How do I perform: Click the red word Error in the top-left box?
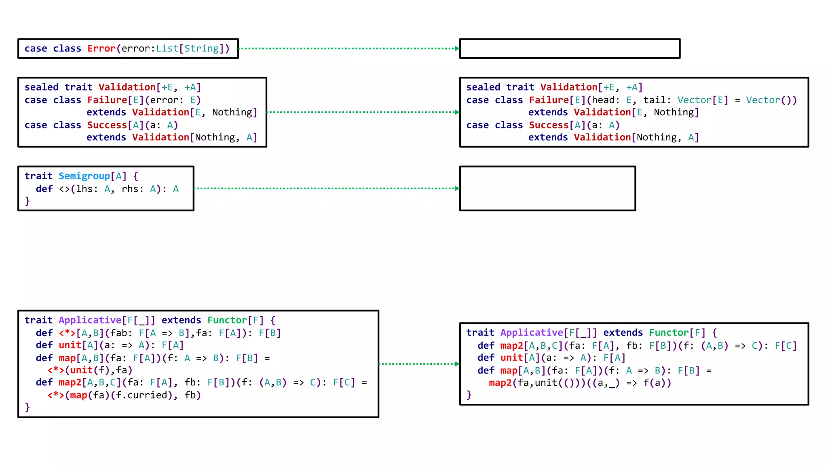pyautogui.click(x=101, y=49)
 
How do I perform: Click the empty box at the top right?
pyautogui.click(x=570, y=49)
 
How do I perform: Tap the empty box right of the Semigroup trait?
pyautogui.click(x=547, y=189)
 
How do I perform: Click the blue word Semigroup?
pyautogui.click(x=84, y=176)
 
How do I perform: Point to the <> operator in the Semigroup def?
pyautogui.click(x=64, y=189)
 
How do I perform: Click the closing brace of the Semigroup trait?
pyautogui.click(x=27, y=201)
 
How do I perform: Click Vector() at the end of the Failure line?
pyautogui.click(x=771, y=100)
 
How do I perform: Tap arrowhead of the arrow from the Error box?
pyautogui.click(x=457, y=49)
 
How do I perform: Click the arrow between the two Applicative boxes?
pyautogui.click(x=419, y=364)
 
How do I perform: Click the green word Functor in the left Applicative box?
pyautogui.click(x=227, y=320)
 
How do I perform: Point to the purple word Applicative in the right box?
pyautogui.click(x=531, y=333)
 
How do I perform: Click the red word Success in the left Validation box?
pyautogui.click(x=107, y=125)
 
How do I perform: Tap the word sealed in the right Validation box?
pyautogui.click(x=483, y=87)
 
